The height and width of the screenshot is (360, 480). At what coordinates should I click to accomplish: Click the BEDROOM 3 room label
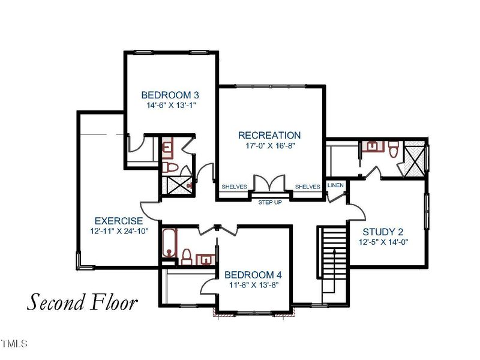tap(170, 95)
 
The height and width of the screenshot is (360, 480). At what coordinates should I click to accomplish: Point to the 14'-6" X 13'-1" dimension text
tap(171, 105)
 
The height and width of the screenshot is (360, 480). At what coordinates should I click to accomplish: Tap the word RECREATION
tap(269, 135)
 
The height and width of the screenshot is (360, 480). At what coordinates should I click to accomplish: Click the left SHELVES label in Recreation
tap(235, 187)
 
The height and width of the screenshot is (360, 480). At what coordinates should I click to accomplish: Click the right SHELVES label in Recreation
tap(307, 187)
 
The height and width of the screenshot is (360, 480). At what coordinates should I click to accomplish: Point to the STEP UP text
tap(270, 202)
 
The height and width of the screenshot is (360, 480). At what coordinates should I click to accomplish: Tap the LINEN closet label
tap(336, 185)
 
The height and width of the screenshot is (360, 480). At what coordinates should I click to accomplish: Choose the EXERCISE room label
tap(118, 221)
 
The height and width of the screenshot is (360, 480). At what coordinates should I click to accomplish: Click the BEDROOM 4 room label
tap(253, 275)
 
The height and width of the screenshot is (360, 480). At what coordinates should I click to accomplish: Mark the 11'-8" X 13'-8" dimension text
tap(253, 286)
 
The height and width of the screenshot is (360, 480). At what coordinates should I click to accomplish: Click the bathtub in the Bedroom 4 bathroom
tap(169, 244)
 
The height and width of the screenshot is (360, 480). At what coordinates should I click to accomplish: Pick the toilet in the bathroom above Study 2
tap(394, 149)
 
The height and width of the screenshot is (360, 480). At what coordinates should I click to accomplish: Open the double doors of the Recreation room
tap(269, 184)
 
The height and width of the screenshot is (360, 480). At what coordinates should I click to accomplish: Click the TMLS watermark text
tap(14, 344)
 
